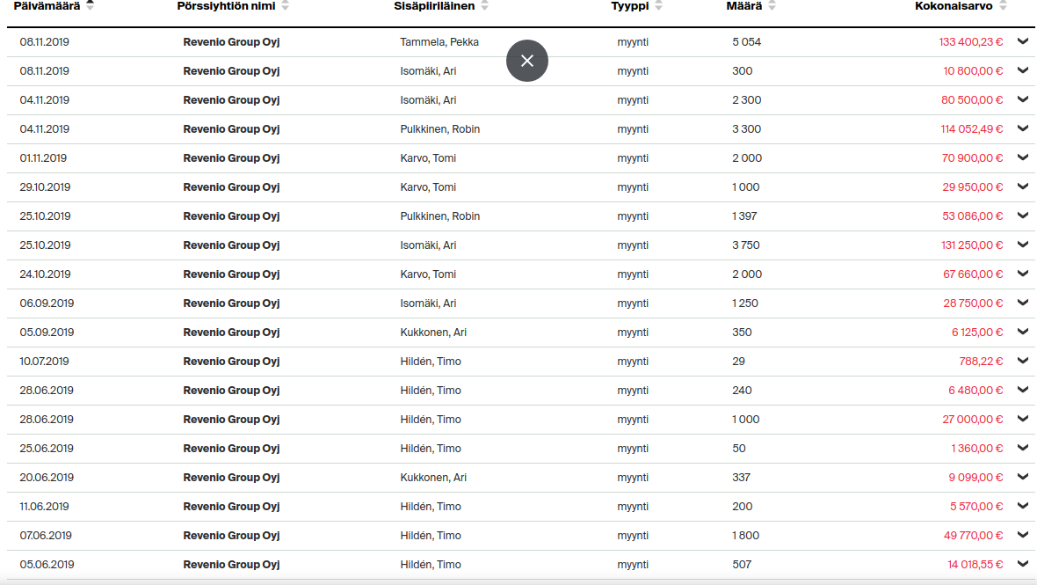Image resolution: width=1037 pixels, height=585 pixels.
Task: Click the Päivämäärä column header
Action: tap(47, 6)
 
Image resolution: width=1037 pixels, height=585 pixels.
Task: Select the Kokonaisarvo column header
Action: tap(954, 6)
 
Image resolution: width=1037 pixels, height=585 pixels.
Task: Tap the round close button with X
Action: tap(527, 61)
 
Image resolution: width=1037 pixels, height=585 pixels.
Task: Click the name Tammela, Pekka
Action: tap(439, 42)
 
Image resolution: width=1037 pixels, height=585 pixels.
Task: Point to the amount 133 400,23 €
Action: tap(970, 42)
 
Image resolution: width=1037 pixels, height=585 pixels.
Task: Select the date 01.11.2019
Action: tap(43, 158)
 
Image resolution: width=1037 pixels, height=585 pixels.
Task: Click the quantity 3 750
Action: tap(746, 245)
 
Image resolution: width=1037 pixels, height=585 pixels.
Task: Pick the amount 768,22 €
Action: tap(981, 362)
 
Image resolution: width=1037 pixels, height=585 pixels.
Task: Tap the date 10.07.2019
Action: tap(44, 362)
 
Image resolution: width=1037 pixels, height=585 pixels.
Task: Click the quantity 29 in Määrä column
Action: tap(738, 362)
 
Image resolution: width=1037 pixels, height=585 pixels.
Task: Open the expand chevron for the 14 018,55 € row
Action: tap(1023, 564)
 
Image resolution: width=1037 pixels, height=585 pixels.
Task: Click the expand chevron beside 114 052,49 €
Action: tap(1023, 128)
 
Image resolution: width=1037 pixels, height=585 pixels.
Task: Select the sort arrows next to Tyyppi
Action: tap(659, 6)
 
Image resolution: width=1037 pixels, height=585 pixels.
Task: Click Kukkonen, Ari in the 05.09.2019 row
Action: tap(433, 333)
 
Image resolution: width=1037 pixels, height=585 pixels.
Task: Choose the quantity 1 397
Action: tap(744, 216)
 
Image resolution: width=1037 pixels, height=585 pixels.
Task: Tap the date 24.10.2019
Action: tap(45, 274)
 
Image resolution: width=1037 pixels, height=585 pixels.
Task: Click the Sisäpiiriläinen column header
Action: tap(434, 6)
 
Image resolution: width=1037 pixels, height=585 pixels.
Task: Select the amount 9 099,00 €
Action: tap(975, 478)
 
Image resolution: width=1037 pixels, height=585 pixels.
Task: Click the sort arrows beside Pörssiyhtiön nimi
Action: tap(285, 6)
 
